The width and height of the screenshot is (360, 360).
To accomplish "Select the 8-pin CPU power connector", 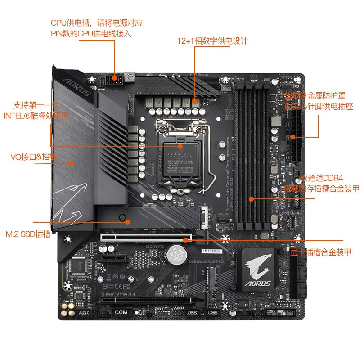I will (x=115, y=81).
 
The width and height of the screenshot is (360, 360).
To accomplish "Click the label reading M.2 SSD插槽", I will (x=28, y=234).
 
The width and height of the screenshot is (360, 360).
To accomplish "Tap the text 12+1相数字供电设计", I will (x=212, y=41).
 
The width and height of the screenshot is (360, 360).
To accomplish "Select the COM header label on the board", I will (x=121, y=311).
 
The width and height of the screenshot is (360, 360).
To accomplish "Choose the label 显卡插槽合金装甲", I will (x=320, y=252).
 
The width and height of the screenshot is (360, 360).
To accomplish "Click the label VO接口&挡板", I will (x=34, y=157).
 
